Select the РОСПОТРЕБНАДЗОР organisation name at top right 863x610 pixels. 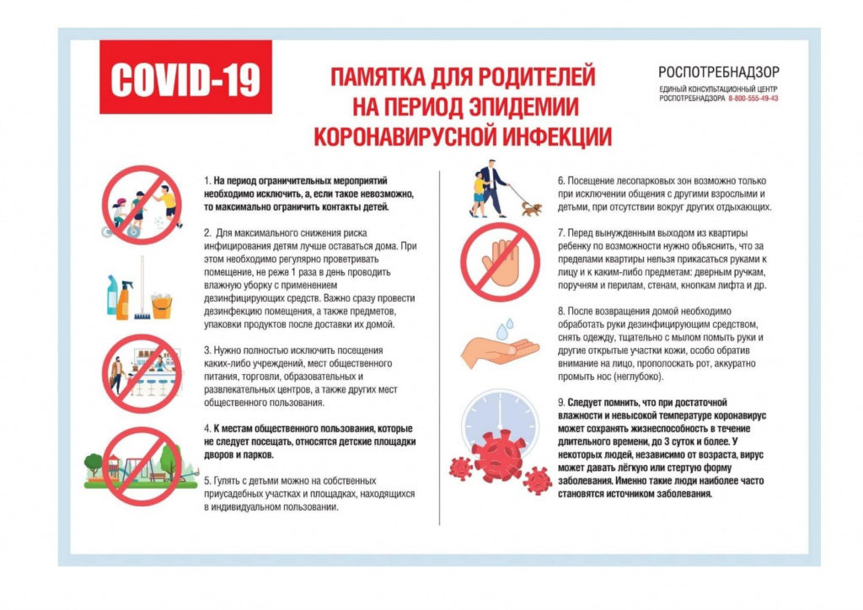pos(719,72)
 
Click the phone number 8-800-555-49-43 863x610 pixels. pos(753,99)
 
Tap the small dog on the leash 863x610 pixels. pos(531,207)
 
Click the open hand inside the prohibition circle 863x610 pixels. pos(500,261)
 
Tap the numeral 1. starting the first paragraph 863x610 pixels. pos(207,181)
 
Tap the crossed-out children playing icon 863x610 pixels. pos(142,205)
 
